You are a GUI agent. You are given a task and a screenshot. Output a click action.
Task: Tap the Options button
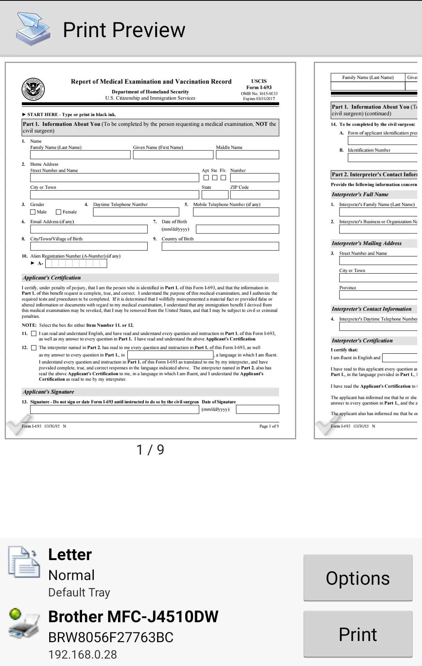coord(358,578)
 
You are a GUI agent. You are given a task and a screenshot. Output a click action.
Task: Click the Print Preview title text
coord(124,30)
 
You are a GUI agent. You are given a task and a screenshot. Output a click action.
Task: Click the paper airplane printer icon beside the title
coord(33,29)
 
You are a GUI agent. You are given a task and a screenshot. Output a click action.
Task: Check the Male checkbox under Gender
coord(33,212)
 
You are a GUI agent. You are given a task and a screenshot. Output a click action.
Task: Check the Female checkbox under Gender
coord(59,212)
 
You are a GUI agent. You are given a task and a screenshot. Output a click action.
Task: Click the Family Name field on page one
coord(80,155)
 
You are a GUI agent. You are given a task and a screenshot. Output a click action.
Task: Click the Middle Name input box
coord(247,155)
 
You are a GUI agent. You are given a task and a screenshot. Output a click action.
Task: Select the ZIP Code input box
coord(254,195)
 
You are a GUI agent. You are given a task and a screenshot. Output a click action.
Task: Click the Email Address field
coord(89,229)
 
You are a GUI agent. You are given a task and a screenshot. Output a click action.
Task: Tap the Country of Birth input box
coord(220,246)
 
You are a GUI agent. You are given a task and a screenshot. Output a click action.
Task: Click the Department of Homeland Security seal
coord(33,89)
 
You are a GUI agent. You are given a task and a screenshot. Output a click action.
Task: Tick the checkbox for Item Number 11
coord(34,333)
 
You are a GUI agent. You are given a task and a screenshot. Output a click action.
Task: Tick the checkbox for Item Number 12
coord(34,347)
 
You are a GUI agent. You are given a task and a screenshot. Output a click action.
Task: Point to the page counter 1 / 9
coord(150,450)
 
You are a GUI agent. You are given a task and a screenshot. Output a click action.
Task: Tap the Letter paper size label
coord(70,555)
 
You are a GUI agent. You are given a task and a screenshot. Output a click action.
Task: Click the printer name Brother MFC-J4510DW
coord(133,616)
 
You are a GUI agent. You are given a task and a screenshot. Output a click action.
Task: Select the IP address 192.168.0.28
coord(82,654)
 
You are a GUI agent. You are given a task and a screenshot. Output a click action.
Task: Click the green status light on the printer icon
coord(15,614)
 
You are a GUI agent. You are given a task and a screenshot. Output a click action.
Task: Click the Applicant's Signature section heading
coord(48,392)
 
